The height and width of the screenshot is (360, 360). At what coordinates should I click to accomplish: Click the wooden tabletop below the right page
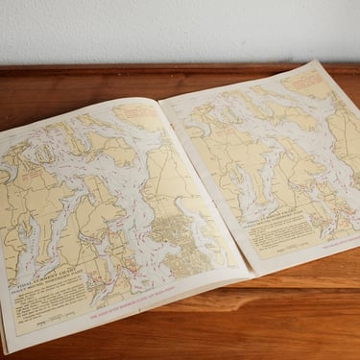(307, 307)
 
